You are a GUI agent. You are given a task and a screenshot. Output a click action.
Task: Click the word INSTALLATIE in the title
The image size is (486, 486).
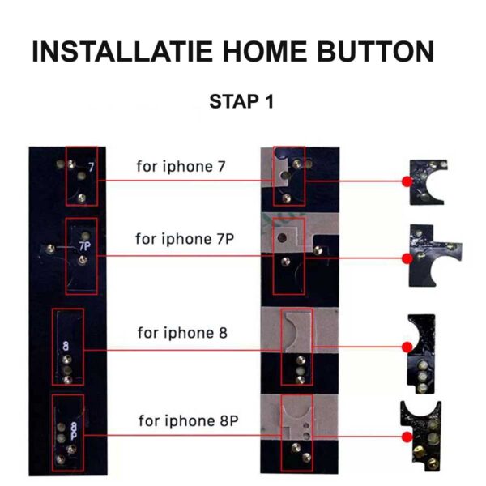(122, 52)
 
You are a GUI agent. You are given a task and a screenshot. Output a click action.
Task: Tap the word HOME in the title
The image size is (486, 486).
(265, 52)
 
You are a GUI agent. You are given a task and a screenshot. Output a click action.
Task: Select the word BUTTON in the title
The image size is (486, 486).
(375, 52)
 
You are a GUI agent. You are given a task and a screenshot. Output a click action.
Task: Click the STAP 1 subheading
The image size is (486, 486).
(241, 101)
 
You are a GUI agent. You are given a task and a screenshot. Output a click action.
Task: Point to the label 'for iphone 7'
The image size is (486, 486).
(181, 167)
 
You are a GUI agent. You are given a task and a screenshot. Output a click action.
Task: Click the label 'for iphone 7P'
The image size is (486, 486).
(185, 239)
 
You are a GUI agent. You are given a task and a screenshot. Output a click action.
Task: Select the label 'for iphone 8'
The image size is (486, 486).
(182, 333)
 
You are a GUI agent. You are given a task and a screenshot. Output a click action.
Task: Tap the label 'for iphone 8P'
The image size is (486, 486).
(189, 421)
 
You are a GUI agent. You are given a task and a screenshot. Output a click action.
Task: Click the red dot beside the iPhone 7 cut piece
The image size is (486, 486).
(407, 181)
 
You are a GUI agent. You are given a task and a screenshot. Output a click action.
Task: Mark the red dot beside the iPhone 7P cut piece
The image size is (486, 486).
(407, 258)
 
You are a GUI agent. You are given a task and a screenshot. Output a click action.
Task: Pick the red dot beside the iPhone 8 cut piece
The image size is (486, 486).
(407, 347)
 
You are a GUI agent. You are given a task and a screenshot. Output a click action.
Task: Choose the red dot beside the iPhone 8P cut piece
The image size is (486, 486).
(407, 437)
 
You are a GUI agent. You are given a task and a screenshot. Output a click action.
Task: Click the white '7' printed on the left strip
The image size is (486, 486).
(91, 168)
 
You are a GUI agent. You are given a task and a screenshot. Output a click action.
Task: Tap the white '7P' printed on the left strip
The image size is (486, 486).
(84, 246)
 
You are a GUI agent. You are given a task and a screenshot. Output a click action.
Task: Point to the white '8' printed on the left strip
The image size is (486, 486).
(66, 346)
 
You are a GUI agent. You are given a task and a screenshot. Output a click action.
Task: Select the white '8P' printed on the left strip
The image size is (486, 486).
(74, 431)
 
